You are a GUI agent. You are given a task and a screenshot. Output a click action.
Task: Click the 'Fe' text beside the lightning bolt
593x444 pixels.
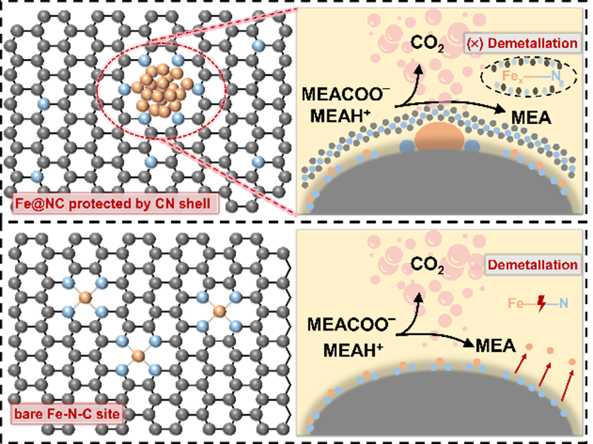(x=516, y=304)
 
